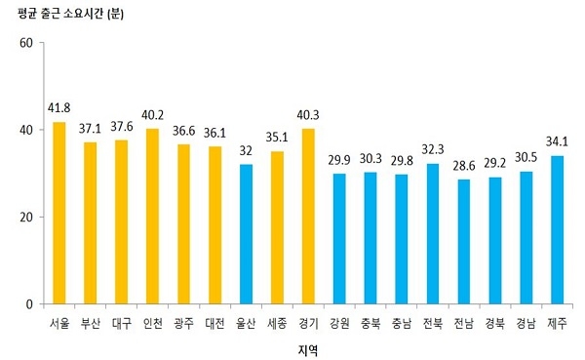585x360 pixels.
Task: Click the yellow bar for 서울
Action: (x=58, y=213)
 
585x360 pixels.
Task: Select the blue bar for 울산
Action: (x=246, y=234)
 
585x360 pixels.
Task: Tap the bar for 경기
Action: (x=308, y=216)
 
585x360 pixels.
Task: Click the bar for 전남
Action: (x=465, y=241)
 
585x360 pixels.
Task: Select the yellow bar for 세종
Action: (x=277, y=227)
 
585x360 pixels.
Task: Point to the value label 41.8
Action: (x=58, y=108)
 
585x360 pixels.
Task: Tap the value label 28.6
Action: (x=465, y=166)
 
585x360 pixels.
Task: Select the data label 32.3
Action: (x=434, y=150)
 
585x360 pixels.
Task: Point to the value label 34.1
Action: (x=559, y=142)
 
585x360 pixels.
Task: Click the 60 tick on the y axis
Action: (x=26, y=43)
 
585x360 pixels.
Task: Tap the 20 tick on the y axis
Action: (x=26, y=217)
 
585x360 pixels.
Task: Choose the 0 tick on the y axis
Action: (x=29, y=303)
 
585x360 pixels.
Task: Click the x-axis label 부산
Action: (x=90, y=322)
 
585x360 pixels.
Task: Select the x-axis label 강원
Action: (x=339, y=322)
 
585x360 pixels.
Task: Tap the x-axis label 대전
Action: (x=214, y=322)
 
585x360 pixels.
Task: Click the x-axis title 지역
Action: (x=307, y=347)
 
